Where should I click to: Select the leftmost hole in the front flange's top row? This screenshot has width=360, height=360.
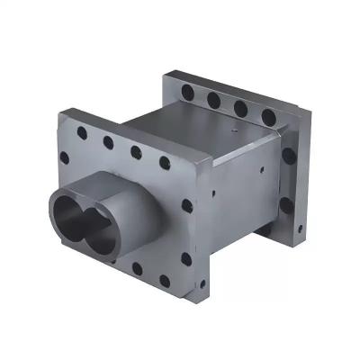tap(82, 132)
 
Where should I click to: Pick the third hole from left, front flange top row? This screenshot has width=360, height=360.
tap(136, 152)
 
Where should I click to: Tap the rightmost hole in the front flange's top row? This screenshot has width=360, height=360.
tap(165, 163)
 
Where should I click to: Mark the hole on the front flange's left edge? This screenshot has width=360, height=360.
tap(64, 158)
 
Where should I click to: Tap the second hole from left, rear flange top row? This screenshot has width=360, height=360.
tap(213, 99)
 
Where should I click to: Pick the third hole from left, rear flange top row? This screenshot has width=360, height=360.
tap(240, 107)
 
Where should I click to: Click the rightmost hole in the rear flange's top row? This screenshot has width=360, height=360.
tap(268, 116)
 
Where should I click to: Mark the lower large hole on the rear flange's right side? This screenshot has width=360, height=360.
tap(286, 205)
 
